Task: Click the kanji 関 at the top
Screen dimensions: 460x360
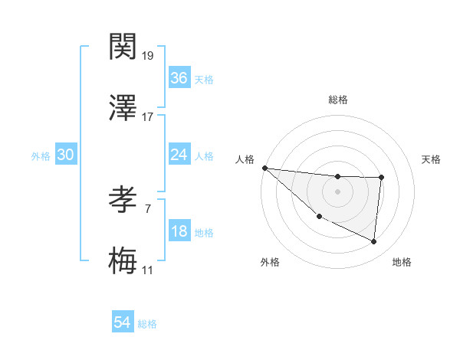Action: coord(123,48)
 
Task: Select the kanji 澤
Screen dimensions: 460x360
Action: coord(123,108)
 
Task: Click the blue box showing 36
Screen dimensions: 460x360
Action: coord(179,78)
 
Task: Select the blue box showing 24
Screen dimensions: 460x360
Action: coord(179,155)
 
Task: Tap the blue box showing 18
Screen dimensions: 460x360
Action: coord(179,231)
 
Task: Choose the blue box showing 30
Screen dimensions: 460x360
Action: coord(65,155)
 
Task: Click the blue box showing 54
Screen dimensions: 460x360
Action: coord(122,322)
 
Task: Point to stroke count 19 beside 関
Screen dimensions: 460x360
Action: coord(149,56)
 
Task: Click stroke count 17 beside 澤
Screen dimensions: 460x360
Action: coord(148,116)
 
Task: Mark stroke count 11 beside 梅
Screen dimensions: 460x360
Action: coord(148,270)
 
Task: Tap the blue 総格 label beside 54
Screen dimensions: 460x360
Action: coord(147,324)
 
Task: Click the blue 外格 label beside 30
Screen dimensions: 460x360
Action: coord(41,155)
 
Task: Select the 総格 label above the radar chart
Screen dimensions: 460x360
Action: coord(337,100)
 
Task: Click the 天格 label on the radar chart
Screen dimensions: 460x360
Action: coord(431,159)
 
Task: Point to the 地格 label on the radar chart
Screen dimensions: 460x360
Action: coord(402,262)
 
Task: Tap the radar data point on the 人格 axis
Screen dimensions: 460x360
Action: coord(264,168)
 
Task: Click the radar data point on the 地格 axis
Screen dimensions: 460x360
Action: coord(373,242)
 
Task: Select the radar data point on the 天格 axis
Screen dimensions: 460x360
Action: coord(381,178)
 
